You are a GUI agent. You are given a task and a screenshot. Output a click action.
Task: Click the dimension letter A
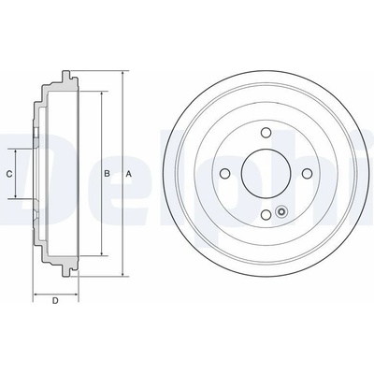coord(128,174)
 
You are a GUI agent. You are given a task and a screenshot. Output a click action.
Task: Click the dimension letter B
coord(107,174)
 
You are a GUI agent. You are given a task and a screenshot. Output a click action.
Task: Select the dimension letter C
coord(9,174)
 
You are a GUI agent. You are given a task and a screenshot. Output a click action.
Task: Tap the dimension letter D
coord(55,301)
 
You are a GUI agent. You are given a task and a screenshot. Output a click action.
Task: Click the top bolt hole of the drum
coord(266,133)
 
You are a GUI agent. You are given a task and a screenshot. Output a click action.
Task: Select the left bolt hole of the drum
coord(224,173)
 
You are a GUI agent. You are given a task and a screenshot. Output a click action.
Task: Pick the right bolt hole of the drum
coord(308,173)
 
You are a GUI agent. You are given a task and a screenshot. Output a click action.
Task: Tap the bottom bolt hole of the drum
coord(266,214)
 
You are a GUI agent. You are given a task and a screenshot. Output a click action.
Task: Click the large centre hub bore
coord(266,173)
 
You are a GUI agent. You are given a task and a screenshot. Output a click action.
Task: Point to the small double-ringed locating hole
coord(281,212)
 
